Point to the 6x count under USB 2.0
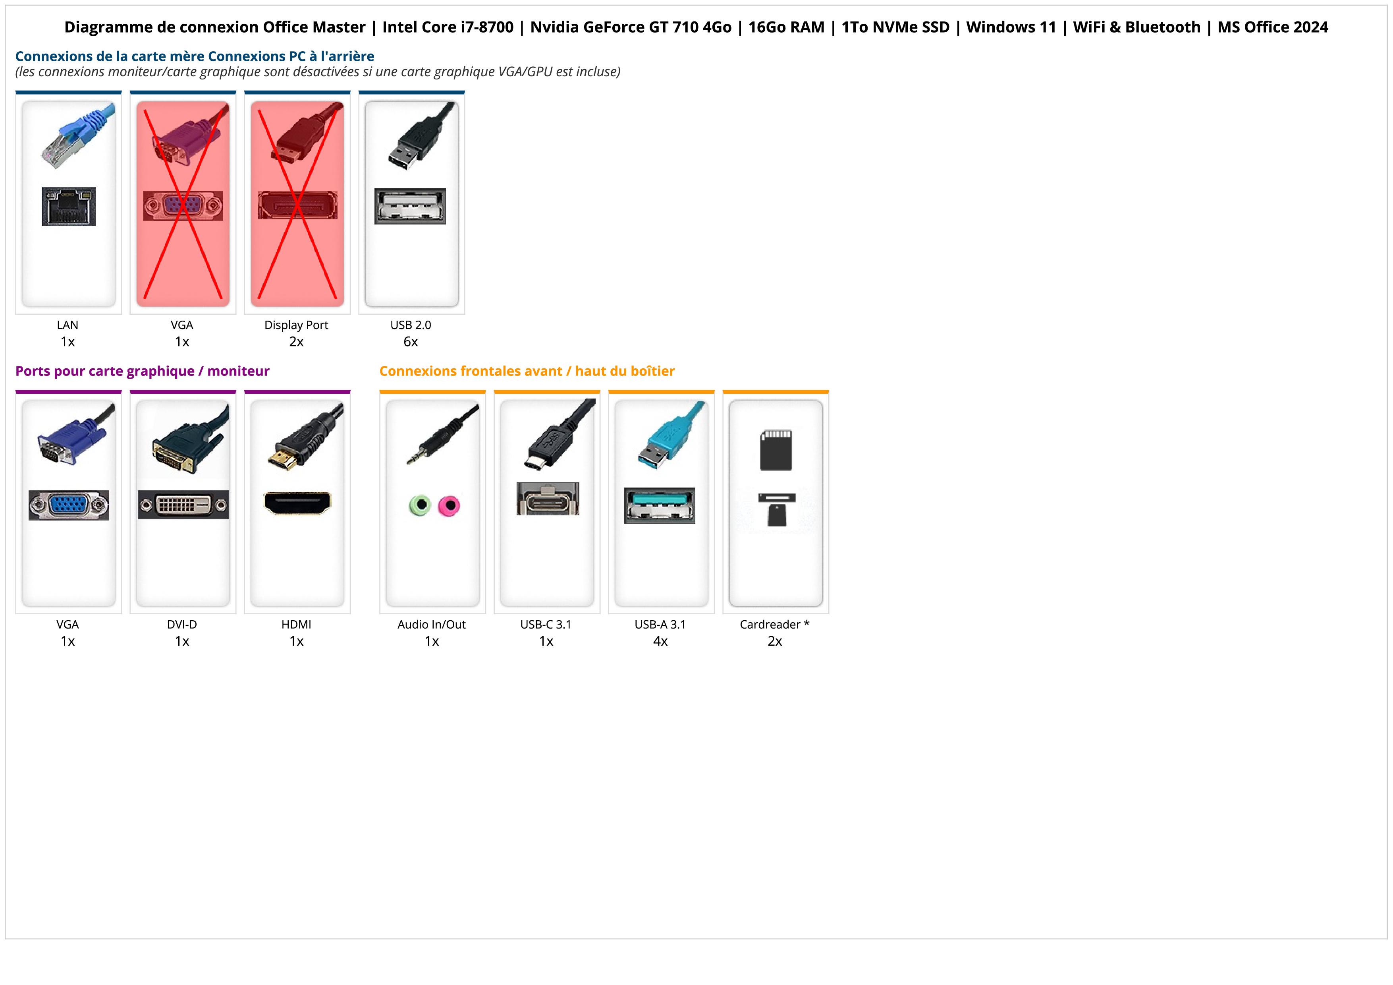[411, 342]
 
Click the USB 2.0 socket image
[410, 206]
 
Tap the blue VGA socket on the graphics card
[69, 505]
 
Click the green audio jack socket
[419, 505]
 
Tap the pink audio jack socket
[449, 505]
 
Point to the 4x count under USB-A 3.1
[660, 641]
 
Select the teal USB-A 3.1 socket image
[660, 505]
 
